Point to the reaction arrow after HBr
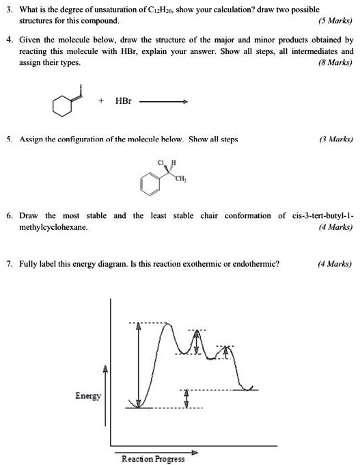[163, 102]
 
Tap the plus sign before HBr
[101, 101]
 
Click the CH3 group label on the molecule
[180, 179]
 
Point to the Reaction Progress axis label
[153, 458]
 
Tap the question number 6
[9, 216]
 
